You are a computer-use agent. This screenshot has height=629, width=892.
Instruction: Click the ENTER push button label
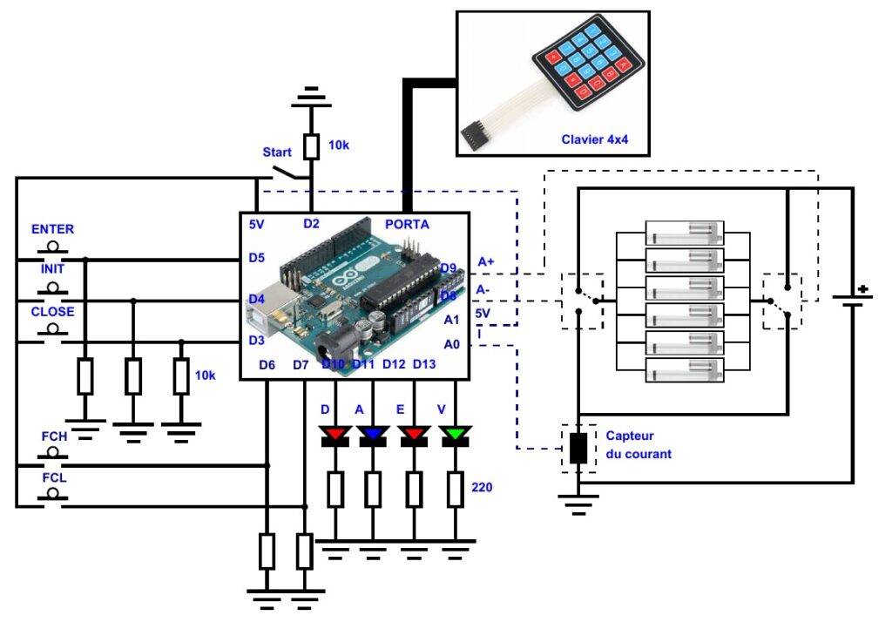[52, 229]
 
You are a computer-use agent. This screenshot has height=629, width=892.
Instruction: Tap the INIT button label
[52, 269]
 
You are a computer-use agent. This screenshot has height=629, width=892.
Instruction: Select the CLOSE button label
[52, 311]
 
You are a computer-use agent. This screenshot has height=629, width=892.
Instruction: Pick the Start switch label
[277, 152]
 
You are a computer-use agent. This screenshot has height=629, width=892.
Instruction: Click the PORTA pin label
[408, 224]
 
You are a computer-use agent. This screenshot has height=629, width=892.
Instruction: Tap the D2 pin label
[311, 224]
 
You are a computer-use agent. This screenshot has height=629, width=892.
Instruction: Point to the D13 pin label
[424, 363]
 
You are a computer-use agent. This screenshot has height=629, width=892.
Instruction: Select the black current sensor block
[578, 448]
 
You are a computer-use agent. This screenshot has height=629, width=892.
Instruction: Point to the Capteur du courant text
[639, 444]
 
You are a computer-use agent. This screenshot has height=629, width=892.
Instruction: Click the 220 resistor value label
[482, 487]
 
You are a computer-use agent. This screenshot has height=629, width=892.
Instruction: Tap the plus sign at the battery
[863, 289]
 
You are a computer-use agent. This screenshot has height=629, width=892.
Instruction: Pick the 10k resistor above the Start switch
[311, 146]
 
